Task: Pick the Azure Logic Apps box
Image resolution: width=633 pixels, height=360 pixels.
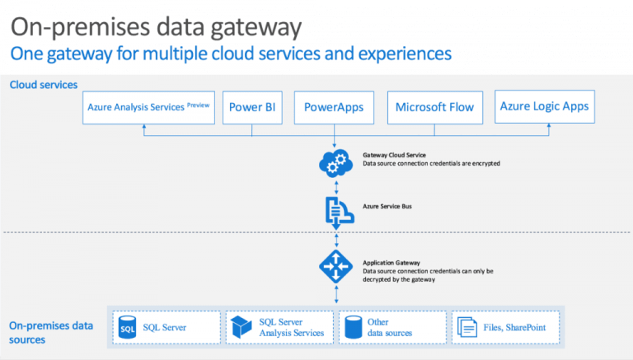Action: (x=545, y=107)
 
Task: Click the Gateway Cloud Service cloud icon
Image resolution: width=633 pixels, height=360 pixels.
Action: (x=335, y=162)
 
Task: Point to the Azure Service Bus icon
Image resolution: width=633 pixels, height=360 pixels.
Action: (x=335, y=210)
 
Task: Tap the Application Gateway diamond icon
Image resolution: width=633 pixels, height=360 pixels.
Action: (x=335, y=264)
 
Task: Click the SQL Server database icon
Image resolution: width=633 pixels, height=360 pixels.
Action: (x=127, y=327)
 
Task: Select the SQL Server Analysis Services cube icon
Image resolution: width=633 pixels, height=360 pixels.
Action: (x=241, y=326)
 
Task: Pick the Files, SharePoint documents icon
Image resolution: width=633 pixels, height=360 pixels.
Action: (x=467, y=327)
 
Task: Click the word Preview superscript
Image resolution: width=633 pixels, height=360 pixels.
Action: (x=199, y=104)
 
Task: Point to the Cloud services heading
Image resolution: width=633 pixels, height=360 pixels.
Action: (x=43, y=85)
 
